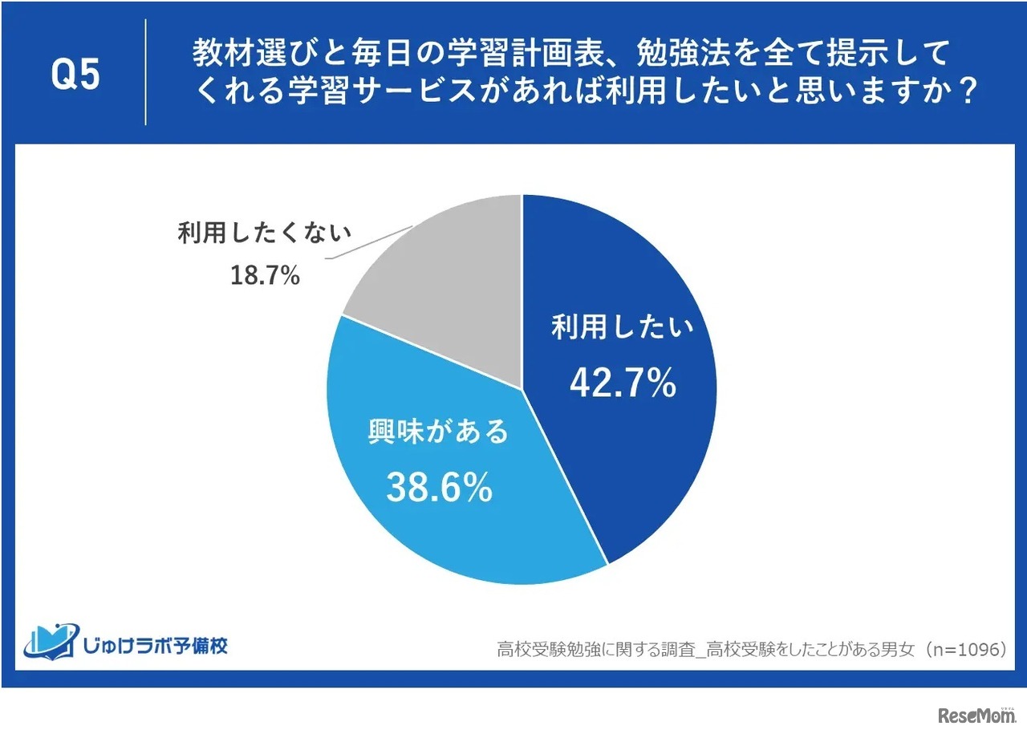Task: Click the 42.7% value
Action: coord(623,385)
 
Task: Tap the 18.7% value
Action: coord(265,276)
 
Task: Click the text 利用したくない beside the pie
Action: coord(265,233)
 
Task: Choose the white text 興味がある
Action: coord(438,432)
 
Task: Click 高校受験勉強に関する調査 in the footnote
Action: coord(591,650)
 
